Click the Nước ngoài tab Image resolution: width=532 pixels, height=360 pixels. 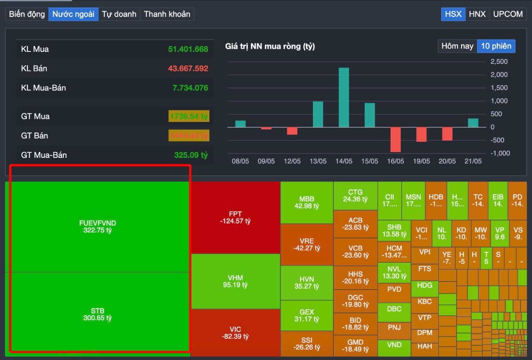(x=73, y=14)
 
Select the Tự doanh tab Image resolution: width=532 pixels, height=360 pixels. (x=119, y=14)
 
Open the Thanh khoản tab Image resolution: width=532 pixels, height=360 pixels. (x=167, y=14)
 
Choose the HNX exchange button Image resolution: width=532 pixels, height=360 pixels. (x=477, y=14)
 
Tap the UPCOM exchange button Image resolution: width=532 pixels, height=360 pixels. (x=508, y=14)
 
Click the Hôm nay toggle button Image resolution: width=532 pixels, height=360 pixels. (x=457, y=46)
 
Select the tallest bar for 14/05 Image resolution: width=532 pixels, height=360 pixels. (x=344, y=98)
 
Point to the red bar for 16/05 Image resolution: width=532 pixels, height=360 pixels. (x=395, y=139)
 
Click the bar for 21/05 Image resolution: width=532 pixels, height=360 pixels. (x=473, y=123)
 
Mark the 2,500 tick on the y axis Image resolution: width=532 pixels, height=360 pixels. (x=499, y=61)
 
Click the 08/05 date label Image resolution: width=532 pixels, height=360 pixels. (x=240, y=161)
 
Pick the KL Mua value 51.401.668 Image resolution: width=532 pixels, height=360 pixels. (x=188, y=49)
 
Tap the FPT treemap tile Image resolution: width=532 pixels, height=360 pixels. (x=235, y=217)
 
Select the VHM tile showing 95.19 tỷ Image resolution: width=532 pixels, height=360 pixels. (x=235, y=282)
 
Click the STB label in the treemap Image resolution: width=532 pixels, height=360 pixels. (x=98, y=311)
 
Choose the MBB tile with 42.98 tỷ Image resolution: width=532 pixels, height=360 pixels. (x=306, y=203)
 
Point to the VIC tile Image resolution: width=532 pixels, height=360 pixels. (x=235, y=333)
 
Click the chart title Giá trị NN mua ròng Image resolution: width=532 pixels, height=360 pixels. (x=270, y=46)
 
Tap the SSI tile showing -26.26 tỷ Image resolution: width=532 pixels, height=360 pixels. (x=306, y=344)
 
